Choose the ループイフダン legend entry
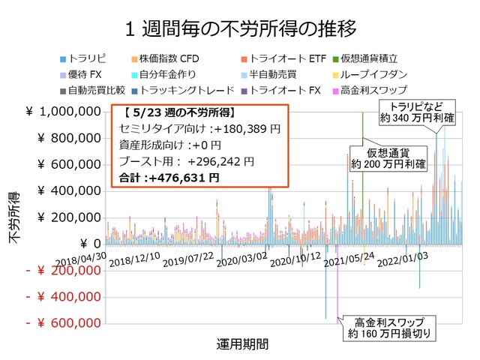click(372, 75)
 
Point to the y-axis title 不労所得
click(14, 217)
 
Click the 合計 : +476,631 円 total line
click(169, 178)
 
